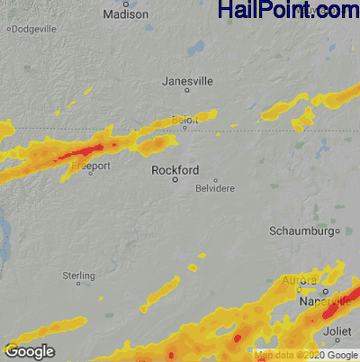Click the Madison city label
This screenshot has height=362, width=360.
coord(125,14)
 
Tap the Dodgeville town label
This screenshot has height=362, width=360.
coord(33,29)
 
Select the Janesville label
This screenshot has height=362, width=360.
coord(187,81)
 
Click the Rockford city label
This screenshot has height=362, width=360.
coord(174,169)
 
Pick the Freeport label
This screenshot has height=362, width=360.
coord(91,167)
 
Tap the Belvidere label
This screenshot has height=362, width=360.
coord(216,190)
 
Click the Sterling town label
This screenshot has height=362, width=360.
coord(78,275)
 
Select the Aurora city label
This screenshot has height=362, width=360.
coord(299,281)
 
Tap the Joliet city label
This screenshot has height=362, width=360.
coord(337,331)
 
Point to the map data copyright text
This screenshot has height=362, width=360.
coord(306,355)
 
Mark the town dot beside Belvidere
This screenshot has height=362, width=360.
coord(215,180)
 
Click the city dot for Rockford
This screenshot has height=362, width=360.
coord(150,179)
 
